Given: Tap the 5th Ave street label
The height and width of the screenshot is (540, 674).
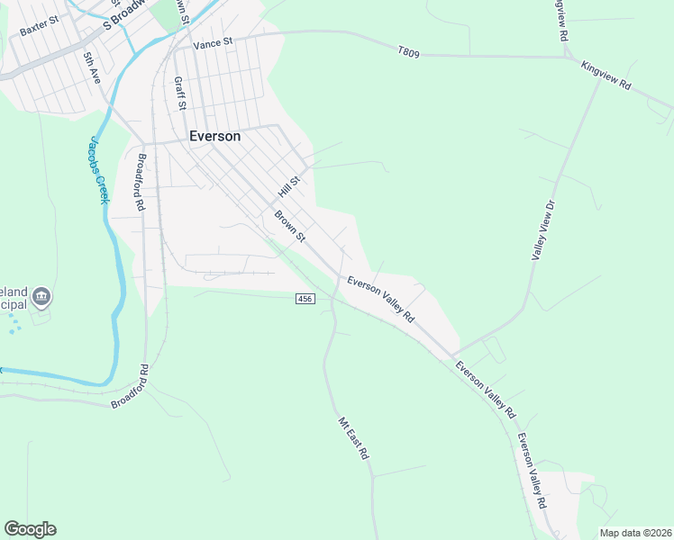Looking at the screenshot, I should tap(90, 68).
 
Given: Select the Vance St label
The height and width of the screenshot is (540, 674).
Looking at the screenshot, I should tap(213, 41).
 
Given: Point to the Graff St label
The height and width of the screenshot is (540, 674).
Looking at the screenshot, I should tap(179, 93).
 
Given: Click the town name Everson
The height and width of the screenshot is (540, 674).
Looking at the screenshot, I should tap(214, 136).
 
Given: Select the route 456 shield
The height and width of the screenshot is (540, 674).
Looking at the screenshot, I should tap(305, 298).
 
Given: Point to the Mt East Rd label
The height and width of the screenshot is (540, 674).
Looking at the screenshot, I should tap(354, 438).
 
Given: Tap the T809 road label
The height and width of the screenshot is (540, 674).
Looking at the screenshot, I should tap(408, 53).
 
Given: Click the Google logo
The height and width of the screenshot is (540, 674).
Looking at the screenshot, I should tap(30, 529).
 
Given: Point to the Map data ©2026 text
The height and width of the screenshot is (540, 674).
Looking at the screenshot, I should tap(635, 533).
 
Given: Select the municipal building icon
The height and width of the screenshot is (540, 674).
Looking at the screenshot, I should tap(41, 297).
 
